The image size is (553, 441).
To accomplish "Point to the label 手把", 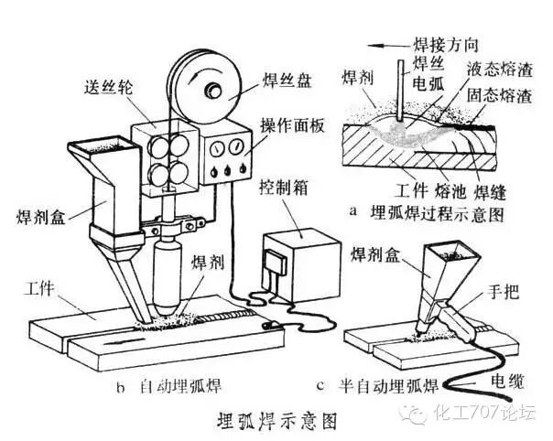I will pyautogui.click(x=504, y=295).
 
